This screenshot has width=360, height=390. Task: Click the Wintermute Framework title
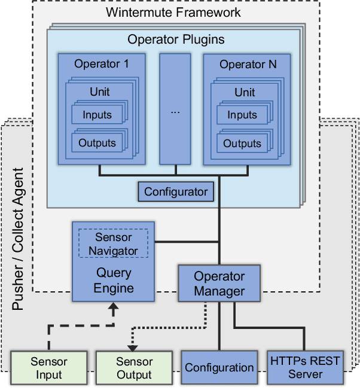[x=173, y=12]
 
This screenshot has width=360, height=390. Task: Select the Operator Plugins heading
[x=176, y=40]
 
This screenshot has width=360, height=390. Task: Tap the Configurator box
[x=176, y=192]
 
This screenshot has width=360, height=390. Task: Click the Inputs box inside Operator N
[x=242, y=115]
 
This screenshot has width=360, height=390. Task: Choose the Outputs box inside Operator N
[x=242, y=144]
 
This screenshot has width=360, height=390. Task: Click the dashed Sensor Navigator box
[x=114, y=244]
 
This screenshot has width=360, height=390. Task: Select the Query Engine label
[x=114, y=281]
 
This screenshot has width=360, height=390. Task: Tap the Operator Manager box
[x=219, y=284]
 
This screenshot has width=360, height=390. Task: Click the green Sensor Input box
[x=48, y=368]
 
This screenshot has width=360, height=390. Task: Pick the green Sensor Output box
[x=134, y=368]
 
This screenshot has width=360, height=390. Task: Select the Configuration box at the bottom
[x=219, y=368]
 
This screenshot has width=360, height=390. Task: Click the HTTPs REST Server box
[x=305, y=368]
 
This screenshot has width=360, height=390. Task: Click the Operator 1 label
[x=101, y=64]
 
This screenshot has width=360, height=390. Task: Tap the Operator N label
[x=248, y=64]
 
